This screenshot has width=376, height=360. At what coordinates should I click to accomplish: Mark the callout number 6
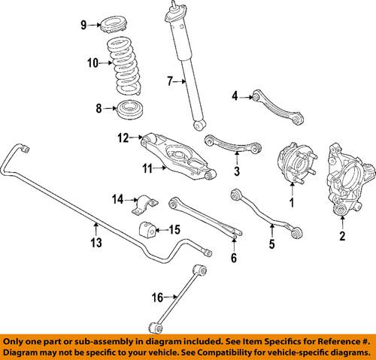234,259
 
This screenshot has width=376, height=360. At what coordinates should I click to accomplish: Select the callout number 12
123,137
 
